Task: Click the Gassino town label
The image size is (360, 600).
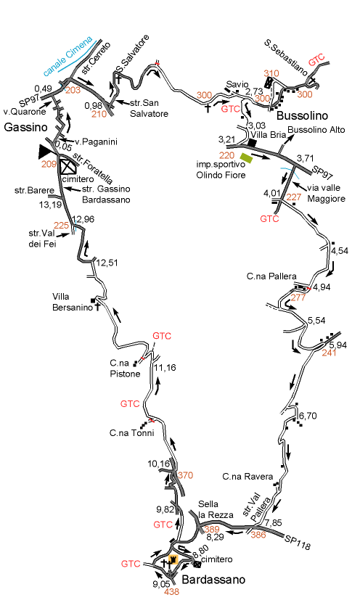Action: point(25,127)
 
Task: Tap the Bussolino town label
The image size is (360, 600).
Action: point(302,115)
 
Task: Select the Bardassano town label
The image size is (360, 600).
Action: point(213,580)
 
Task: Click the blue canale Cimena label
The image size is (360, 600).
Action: point(68,56)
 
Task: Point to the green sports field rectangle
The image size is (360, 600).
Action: point(247,158)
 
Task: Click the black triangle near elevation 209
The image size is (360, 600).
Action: point(47,152)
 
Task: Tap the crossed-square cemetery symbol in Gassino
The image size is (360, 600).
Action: point(68,167)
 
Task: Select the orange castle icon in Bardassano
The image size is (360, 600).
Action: point(173,559)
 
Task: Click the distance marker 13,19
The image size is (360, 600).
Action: point(50,205)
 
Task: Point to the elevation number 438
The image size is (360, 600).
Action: point(171,591)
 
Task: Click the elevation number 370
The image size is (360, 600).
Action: point(185,475)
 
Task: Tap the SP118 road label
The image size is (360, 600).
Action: point(297,543)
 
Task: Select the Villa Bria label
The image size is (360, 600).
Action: point(269,135)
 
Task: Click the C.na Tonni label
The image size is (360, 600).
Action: point(132,433)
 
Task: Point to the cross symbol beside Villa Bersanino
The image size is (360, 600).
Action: point(97,306)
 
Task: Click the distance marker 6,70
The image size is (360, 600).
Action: point(308,416)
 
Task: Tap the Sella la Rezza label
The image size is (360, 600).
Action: point(216,509)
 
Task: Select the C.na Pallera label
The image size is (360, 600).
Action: point(271,276)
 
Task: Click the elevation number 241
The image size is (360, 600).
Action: point(329,353)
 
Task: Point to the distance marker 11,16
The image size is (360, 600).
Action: point(165,368)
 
